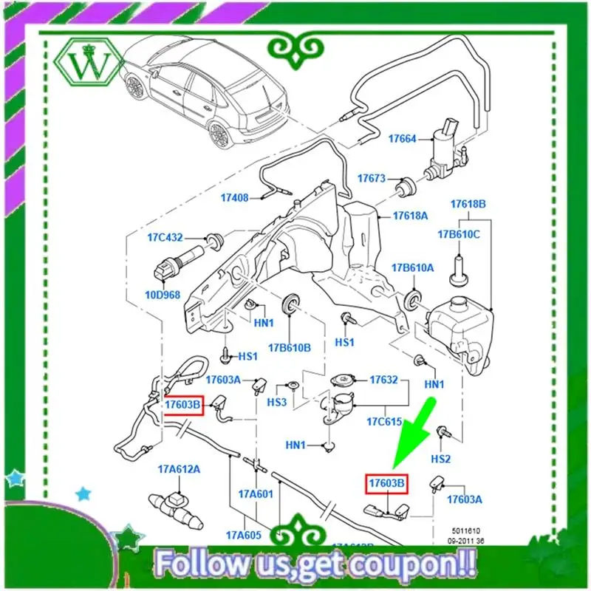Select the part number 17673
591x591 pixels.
[372, 179]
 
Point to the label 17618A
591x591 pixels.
[410, 216]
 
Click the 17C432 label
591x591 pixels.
[164, 239]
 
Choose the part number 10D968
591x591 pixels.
[163, 295]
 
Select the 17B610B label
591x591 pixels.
[290, 346]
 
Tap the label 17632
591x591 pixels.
[384, 380]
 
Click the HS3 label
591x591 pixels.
[276, 402]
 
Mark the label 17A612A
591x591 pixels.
[179, 469]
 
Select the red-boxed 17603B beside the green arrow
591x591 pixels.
[388, 483]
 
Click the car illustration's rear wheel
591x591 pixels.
[219, 134]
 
